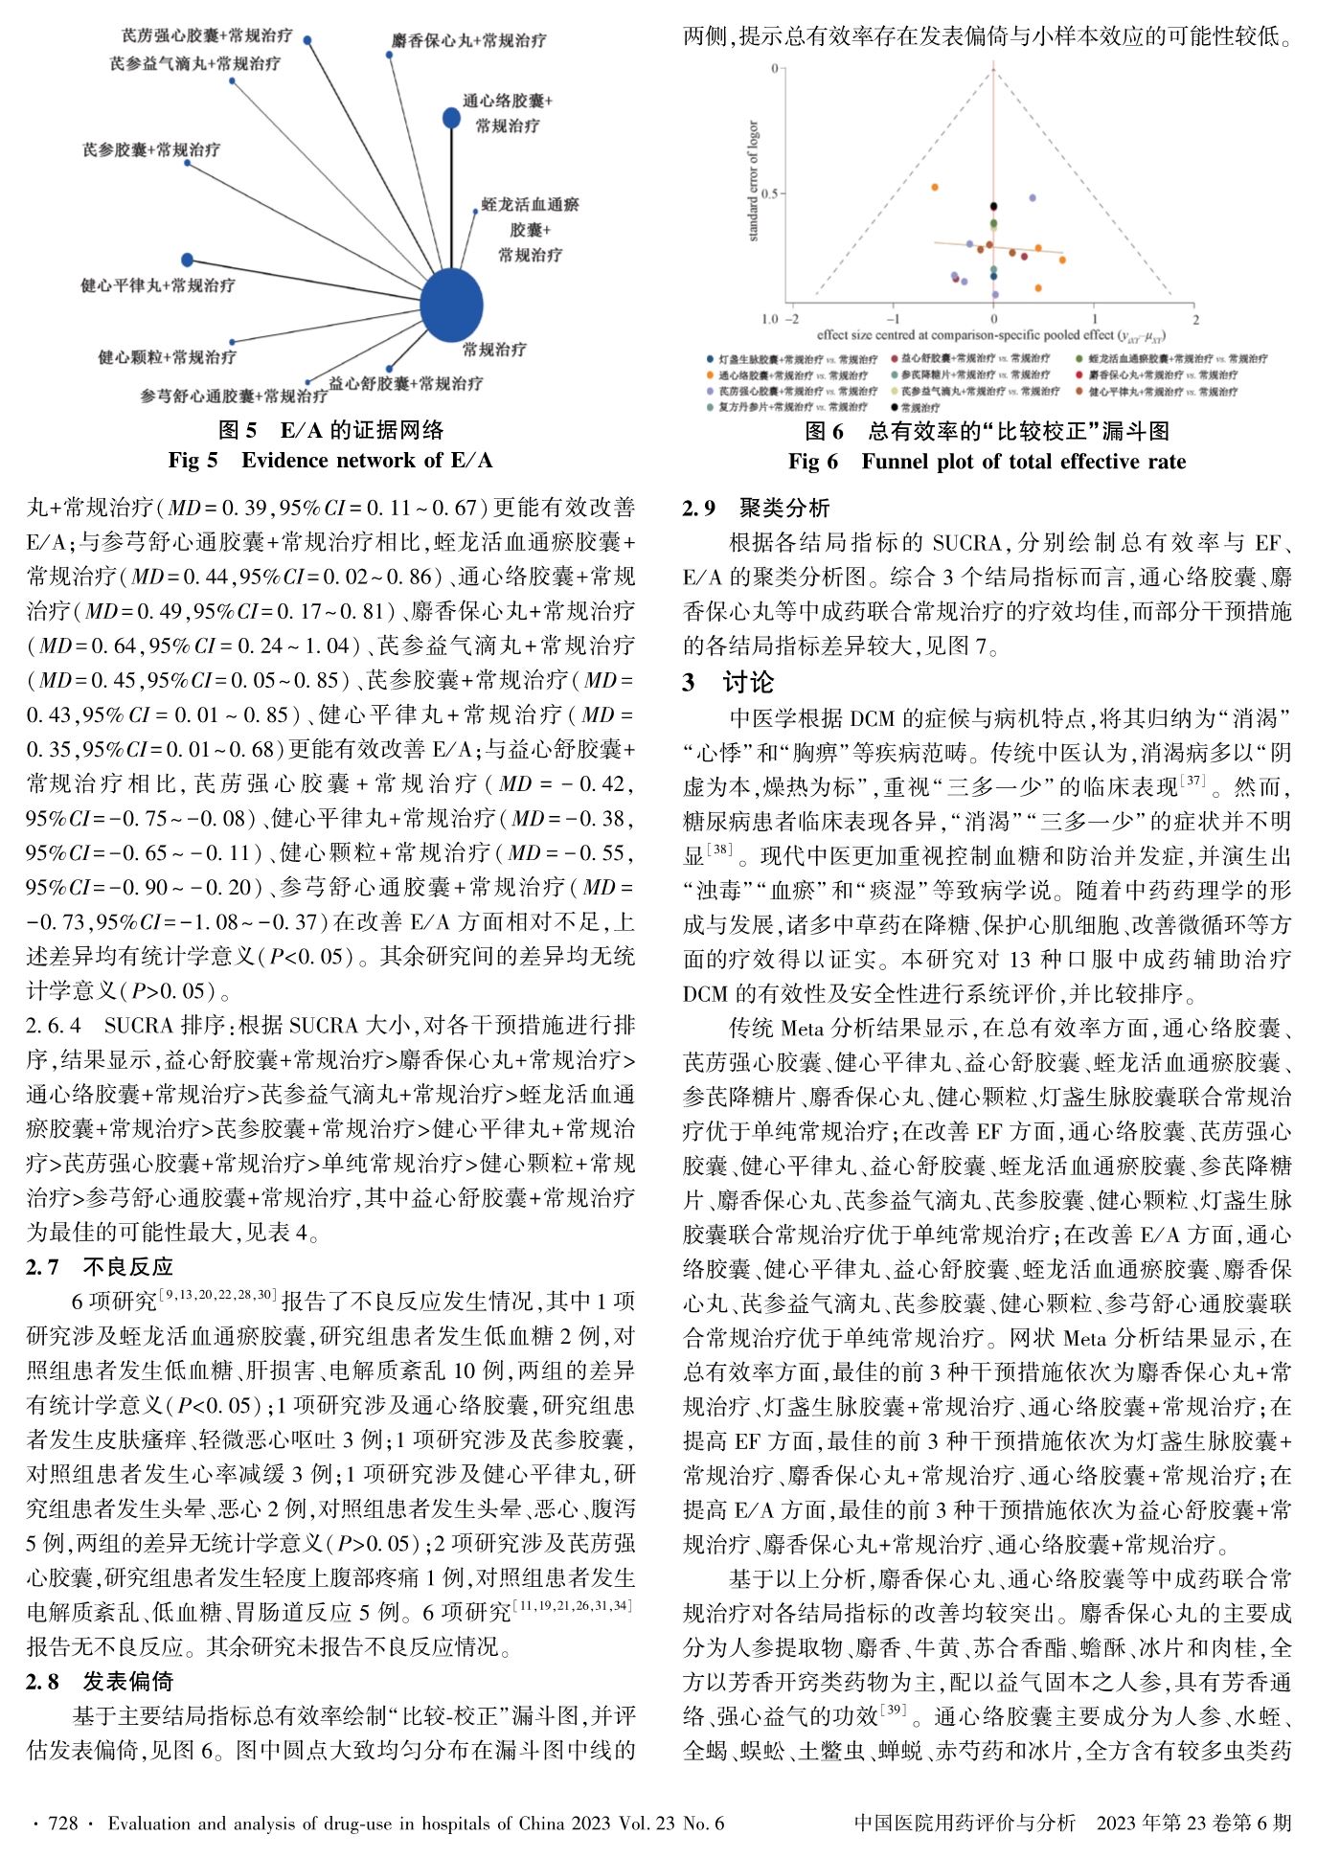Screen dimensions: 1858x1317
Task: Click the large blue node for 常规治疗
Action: coord(452,305)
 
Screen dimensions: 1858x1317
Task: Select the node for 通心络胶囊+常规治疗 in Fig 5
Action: coord(451,118)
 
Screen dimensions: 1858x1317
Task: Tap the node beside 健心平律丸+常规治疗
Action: coord(188,260)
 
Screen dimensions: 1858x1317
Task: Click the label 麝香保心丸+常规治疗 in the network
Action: coord(469,41)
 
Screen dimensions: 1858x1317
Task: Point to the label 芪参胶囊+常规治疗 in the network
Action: coord(151,149)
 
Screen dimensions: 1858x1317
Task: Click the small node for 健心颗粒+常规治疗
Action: coord(232,341)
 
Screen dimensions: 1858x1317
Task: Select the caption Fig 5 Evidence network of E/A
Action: coord(330,461)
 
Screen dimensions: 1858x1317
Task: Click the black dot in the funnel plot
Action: coord(993,206)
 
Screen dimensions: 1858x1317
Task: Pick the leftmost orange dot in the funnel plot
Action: coord(934,187)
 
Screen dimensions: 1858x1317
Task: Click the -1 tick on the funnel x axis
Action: coord(893,319)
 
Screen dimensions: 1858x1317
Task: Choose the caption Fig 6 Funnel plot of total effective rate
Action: coord(987,462)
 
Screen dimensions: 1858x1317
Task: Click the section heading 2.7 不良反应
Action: coord(100,1267)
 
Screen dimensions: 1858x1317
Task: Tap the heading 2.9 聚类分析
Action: coord(756,509)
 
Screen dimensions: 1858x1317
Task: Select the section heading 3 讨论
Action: coord(728,682)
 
